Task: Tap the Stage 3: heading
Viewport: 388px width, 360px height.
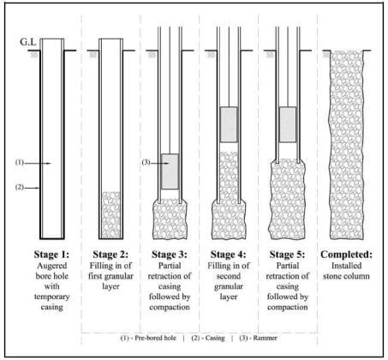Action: (170, 255)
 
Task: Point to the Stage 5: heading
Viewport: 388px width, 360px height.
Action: (287, 255)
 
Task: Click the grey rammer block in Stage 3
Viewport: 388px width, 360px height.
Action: (170, 170)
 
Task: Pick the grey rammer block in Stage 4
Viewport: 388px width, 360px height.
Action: (229, 124)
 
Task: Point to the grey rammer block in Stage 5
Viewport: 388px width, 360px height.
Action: (288, 123)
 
